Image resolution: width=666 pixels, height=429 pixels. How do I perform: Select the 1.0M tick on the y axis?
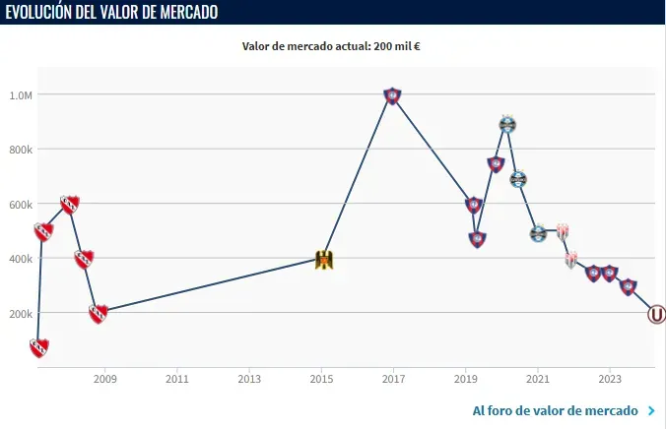click(21, 95)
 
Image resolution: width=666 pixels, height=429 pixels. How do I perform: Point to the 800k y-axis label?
click(21, 150)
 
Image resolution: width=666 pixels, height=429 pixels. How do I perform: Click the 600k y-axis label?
click(21, 205)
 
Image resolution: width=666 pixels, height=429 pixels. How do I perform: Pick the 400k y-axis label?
click(21, 259)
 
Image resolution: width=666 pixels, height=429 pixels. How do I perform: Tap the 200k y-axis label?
click(21, 314)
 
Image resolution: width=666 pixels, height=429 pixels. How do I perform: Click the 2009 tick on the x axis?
click(105, 378)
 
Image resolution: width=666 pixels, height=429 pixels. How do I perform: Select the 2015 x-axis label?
click(321, 378)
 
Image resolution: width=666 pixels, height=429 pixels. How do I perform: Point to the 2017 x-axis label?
click(393, 378)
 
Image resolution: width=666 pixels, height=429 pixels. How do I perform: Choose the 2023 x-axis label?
click(609, 378)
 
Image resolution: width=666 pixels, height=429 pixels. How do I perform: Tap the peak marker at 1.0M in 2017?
click(392, 95)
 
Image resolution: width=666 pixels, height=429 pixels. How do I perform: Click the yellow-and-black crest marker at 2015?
click(322, 260)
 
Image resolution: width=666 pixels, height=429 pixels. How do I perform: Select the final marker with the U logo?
click(656, 315)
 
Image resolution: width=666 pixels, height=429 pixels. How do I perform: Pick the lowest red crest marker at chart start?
click(39, 347)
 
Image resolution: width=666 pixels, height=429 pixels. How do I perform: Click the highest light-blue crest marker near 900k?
click(507, 124)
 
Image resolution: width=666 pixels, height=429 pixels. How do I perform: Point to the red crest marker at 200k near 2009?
click(98, 314)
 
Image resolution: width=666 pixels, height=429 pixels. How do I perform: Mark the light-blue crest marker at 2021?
click(538, 233)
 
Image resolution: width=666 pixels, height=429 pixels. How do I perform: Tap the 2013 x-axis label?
click(249, 378)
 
